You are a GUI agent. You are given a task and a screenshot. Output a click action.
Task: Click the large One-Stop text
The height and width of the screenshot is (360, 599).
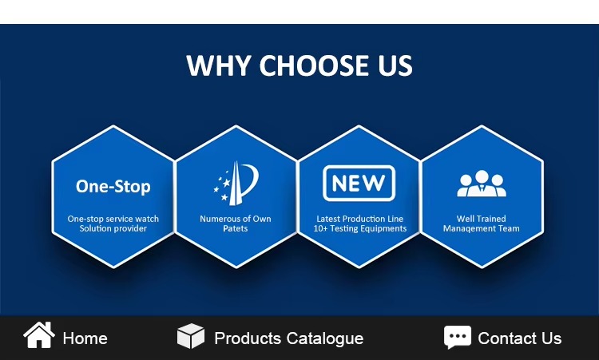(x=113, y=187)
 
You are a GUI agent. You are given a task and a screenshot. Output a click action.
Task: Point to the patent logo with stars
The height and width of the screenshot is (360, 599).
(x=236, y=184)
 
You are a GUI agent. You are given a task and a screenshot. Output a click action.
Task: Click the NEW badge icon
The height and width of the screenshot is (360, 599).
(x=359, y=184)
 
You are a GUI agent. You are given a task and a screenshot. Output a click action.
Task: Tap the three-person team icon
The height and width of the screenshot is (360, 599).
(x=482, y=184)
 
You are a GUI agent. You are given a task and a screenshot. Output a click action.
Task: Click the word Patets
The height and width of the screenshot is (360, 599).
(x=236, y=228)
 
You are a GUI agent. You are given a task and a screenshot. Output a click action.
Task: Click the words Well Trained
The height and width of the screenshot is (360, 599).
(x=482, y=220)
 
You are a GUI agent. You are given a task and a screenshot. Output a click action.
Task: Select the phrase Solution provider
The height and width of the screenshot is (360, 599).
(x=113, y=228)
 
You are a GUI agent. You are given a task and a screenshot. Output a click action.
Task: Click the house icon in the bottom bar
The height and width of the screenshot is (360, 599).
(x=39, y=334)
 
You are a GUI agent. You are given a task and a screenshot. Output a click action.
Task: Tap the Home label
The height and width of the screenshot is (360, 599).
(x=85, y=338)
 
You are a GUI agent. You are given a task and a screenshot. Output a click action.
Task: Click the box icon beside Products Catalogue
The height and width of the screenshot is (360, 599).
(x=191, y=336)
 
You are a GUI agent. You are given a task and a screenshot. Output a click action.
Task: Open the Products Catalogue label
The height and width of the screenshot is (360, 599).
(x=289, y=338)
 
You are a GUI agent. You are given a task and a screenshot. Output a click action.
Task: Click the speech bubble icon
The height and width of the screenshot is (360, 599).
(x=458, y=337)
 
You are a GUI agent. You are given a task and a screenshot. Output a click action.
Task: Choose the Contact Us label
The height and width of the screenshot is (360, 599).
(x=520, y=338)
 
